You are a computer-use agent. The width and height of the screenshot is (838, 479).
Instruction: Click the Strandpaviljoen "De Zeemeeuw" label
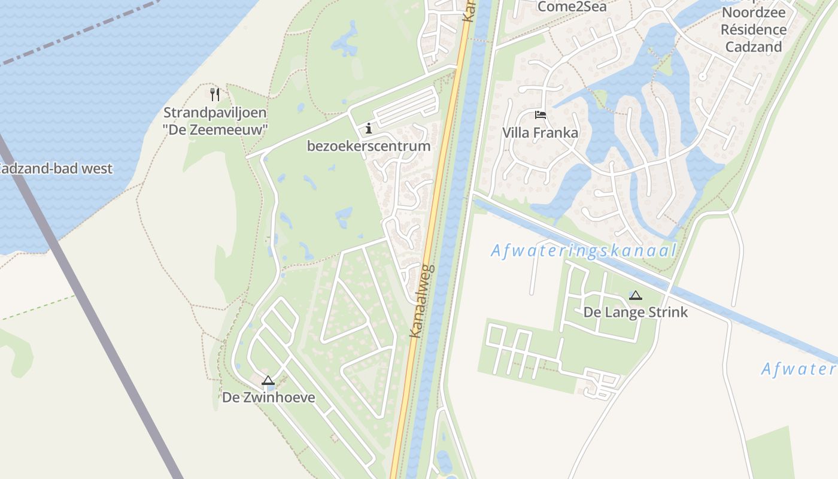[215, 120]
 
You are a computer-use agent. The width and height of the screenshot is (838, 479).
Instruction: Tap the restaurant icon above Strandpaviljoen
[215, 94]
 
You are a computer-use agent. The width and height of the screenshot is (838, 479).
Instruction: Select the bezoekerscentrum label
[368, 146]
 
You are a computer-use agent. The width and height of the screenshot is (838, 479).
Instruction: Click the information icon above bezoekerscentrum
[368, 128]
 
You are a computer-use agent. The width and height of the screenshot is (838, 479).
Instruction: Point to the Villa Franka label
[540, 133]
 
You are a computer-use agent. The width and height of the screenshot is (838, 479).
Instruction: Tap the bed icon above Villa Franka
[541, 114]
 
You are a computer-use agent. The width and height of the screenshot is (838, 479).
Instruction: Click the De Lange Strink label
[636, 313]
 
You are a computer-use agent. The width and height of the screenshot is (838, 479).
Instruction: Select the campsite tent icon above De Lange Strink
[636, 295]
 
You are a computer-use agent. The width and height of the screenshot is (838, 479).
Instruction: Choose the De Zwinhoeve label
[268, 397]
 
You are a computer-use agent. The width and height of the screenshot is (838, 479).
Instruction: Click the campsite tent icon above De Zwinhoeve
[268, 380]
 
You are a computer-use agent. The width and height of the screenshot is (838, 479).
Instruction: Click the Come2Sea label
[572, 7]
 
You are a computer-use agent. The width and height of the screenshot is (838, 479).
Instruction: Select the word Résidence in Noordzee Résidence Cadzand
[753, 30]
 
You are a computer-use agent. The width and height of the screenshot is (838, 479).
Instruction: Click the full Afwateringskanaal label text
[584, 251]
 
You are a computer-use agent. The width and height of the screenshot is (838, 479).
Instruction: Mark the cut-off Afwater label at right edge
[798, 369]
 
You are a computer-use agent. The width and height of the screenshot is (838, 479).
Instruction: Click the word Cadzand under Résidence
[753, 47]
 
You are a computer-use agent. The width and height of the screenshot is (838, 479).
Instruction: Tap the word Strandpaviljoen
[215, 113]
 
